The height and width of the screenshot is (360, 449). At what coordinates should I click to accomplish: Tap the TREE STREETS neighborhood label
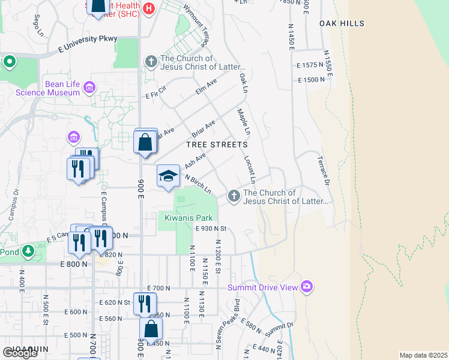[x=217, y=145]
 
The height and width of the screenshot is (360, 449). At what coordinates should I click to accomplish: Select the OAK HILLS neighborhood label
[x=342, y=23]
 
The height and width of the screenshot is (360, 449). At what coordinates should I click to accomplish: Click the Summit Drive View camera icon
[x=307, y=287]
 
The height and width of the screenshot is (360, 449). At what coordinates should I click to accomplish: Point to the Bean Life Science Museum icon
[x=89, y=88]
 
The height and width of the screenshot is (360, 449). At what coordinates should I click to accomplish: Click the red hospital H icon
[x=150, y=8]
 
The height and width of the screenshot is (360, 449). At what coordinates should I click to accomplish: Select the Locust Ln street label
[x=249, y=170]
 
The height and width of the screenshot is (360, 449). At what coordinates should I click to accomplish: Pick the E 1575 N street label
[x=310, y=65]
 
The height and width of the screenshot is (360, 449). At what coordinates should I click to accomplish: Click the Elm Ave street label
[x=206, y=88]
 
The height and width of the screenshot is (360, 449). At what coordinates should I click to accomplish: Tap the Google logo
[x=20, y=353]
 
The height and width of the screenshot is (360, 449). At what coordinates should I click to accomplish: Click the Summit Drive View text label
[x=262, y=287]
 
